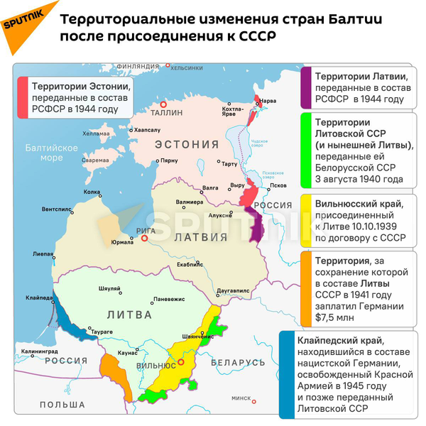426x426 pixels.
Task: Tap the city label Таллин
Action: [168, 112]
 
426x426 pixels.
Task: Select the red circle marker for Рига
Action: [144, 239]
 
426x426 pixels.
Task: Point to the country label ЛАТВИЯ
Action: [196, 236]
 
